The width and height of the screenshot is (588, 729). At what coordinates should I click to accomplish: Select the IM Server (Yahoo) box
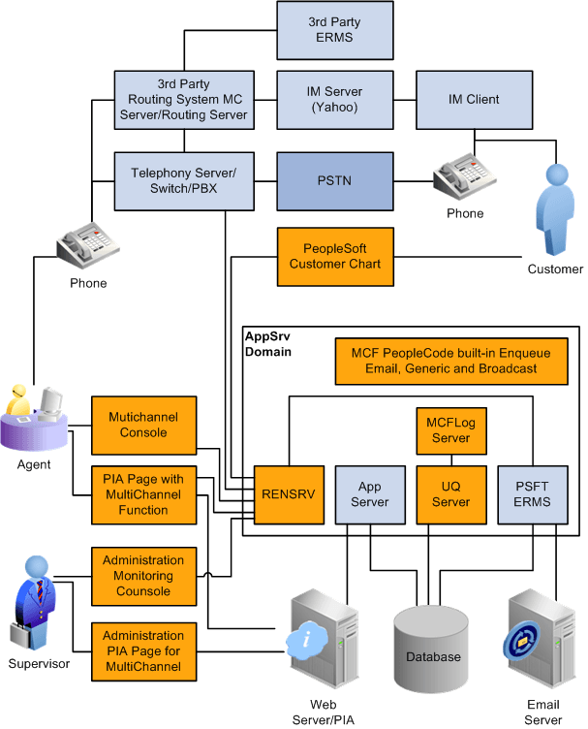tap(334, 100)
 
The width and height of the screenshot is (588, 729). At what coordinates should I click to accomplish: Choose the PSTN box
tap(334, 180)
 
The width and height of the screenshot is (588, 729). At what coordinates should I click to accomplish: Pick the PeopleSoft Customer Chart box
tap(334, 256)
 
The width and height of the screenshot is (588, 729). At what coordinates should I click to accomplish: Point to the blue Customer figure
tap(556, 207)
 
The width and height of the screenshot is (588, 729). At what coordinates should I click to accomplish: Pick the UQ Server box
tap(450, 494)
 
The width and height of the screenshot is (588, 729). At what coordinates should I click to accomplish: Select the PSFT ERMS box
tap(530, 494)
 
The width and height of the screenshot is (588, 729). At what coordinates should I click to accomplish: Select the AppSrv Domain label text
tap(267, 341)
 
